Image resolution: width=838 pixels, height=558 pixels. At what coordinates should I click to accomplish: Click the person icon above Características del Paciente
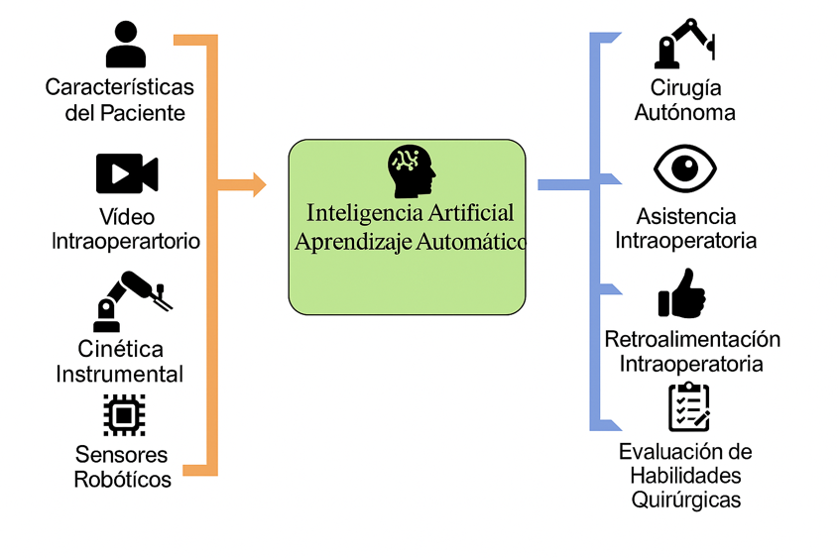[125, 45]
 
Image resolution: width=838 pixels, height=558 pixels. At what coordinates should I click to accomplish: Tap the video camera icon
[126, 173]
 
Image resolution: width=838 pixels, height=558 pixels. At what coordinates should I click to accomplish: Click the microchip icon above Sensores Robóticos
[124, 415]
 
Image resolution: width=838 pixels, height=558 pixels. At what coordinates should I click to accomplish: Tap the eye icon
[685, 168]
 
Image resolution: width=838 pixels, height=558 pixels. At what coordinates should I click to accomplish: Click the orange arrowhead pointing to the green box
[259, 184]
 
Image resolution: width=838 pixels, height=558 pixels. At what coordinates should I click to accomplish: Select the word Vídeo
[126, 217]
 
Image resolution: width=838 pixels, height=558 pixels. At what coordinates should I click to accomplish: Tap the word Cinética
[121, 350]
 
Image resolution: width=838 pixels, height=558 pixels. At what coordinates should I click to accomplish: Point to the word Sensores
[121, 455]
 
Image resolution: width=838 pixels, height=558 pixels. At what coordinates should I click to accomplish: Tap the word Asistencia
[686, 217]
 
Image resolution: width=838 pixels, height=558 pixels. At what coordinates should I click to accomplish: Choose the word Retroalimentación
[692, 340]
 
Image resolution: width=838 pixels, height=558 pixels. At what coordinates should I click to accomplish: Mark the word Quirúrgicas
[685, 500]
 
